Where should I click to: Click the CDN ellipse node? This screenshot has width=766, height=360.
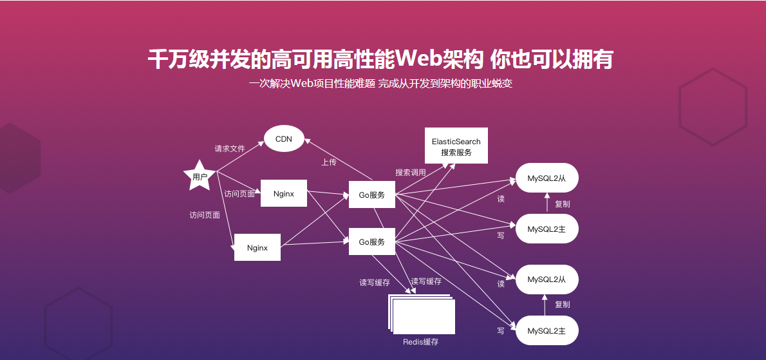(284, 139)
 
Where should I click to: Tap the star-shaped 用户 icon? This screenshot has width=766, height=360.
(199, 176)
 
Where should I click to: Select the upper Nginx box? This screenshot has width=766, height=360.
(283, 193)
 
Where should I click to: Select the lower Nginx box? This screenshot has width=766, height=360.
(257, 247)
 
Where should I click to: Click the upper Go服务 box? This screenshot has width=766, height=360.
(371, 194)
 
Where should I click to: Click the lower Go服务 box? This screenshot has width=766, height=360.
(371, 242)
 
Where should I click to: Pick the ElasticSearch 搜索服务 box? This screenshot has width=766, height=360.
(456, 146)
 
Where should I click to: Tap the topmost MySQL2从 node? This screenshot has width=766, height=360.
(546, 178)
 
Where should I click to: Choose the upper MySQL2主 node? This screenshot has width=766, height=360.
(546, 229)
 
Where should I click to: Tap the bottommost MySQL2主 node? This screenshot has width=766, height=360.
(546, 330)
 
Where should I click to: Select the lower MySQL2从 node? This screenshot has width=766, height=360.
(546, 279)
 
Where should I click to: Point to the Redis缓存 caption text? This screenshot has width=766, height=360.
(420, 342)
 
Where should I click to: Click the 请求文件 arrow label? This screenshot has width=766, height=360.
(230, 149)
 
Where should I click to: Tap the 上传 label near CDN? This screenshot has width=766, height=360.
(328, 162)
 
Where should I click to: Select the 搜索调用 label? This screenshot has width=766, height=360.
(410, 173)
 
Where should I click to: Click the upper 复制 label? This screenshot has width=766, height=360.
(562, 204)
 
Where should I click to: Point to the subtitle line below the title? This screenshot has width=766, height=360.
(380, 84)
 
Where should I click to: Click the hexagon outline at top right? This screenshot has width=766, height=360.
(713, 106)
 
